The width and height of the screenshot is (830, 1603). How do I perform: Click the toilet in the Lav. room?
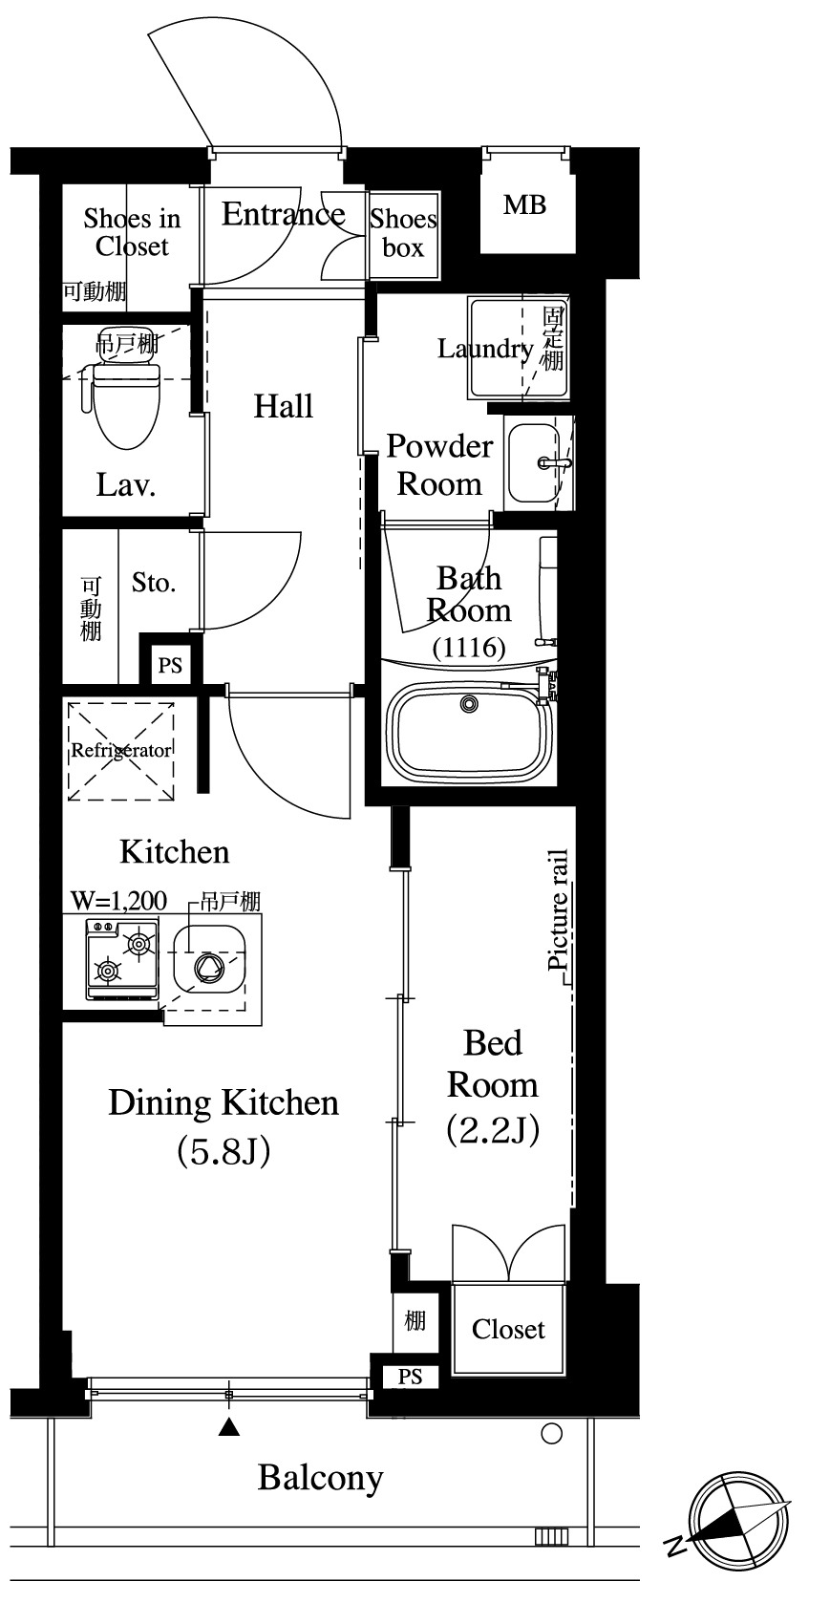point(124,403)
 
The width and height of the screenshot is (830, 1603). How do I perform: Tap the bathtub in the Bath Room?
point(469,730)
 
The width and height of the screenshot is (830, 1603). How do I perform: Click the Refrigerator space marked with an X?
point(121,752)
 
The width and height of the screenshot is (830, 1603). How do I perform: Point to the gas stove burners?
point(122,959)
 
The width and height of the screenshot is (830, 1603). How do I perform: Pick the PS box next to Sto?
point(170,665)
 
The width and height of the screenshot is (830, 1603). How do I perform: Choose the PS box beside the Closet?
point(410,1376)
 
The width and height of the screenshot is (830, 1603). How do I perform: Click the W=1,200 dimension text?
point(118,900)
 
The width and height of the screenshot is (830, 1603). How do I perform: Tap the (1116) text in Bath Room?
point(469,648)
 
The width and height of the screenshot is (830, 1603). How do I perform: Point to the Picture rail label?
point(558,908)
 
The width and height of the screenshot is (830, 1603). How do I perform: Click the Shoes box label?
point(404,233)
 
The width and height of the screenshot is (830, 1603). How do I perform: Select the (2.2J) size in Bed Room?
point(493,1130)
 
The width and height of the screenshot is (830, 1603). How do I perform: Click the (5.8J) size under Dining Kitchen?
point(223,1151)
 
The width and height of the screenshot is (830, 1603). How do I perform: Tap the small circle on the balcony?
point(552,1433)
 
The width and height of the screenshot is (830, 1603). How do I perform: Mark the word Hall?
point(284,406)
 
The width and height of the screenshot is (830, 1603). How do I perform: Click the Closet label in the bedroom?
point(509,1329)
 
